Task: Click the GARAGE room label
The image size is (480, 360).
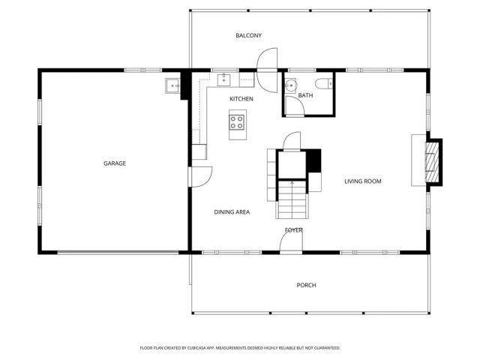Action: (x=115, y=163)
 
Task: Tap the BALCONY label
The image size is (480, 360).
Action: (x=248, y=36)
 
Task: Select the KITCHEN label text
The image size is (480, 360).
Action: (x=241, y=99)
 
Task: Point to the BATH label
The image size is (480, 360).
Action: (x=305, y=95)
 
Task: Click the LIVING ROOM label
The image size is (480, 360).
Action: (x=363, y=181)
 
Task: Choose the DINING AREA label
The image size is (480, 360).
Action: (x=232, y=212)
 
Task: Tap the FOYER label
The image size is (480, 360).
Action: (x=293, y=230)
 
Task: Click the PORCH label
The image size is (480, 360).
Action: (x=306, y=285)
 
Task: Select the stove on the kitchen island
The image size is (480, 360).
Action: (x=238, y=120)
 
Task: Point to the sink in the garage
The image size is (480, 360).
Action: (x=172, y=86)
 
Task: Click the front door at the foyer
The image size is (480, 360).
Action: (x=291, y=241)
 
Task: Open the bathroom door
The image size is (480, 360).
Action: (x=295, y=106)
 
